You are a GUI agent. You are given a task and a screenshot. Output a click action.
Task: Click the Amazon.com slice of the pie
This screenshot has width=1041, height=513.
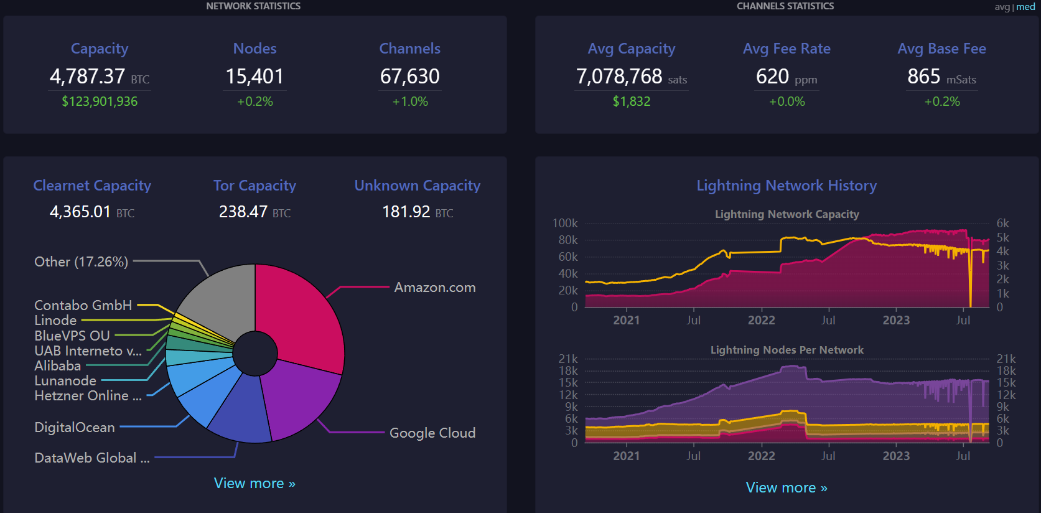[x=299, y=311]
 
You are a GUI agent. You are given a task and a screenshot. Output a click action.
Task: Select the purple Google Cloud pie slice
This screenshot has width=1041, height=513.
[x=299, y=398]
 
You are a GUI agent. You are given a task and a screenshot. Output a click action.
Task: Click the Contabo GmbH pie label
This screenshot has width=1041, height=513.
[x=83, y=305]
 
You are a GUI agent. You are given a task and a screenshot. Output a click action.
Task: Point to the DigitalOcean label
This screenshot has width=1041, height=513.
[x=75, y=427]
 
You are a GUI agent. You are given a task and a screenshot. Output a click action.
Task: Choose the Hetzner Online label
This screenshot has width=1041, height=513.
[x=88, y=395]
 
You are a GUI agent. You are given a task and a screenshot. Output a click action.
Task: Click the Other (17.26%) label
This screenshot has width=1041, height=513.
[x=81, y=261]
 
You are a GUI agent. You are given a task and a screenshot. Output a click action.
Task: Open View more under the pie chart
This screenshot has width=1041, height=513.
[x=254, y=483]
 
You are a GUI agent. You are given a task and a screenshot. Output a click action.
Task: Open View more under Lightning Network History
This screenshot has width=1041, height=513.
[x=787, y=487]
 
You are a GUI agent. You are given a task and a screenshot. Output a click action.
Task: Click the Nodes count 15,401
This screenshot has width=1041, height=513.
[x=254, y=77]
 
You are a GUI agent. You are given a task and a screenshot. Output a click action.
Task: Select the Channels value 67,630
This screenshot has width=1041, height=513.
[x=409, y=77]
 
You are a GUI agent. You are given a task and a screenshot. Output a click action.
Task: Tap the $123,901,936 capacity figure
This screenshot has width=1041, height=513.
[x=100, y=101]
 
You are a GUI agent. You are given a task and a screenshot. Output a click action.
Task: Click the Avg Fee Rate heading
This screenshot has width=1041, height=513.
[x=787, y=49]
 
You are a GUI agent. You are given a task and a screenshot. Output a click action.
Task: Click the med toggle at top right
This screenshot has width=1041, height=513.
[x=1025, y=7]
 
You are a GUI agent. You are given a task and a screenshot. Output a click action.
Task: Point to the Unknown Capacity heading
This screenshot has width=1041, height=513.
[x=417, y=186]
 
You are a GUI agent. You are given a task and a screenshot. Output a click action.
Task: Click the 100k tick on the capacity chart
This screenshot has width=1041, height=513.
[x=565, y=223]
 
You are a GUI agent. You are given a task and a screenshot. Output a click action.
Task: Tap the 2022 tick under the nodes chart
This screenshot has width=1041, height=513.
[x=761, y=456]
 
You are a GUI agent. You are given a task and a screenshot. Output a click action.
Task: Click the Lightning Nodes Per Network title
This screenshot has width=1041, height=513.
[x=787, y=350]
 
